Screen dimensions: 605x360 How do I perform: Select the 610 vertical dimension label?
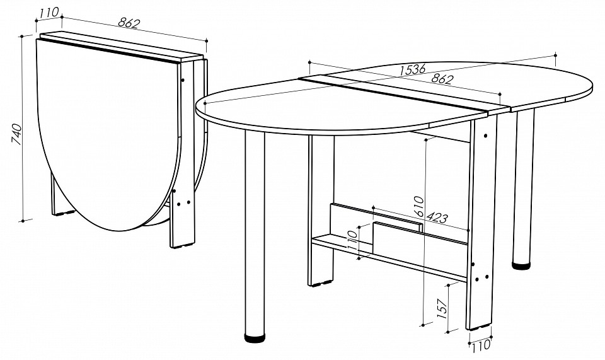point(419,206)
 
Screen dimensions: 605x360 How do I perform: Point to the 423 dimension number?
point(437,218)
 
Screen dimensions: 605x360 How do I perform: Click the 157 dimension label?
point(442,308)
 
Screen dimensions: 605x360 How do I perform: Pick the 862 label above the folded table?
point(128,23)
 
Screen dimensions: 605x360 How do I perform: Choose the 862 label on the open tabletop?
point(442,79)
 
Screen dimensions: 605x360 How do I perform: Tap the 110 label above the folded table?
point(49,13)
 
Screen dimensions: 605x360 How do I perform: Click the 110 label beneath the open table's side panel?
point(480,345)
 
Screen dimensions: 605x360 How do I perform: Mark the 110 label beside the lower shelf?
point(352,240)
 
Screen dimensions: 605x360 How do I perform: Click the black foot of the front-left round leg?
point(255,338)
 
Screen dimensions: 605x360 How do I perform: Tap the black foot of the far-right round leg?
point(521,265)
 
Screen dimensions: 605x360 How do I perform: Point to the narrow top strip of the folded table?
point(122,47)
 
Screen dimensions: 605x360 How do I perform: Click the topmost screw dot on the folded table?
point(183,80)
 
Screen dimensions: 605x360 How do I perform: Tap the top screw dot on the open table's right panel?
point(485,136)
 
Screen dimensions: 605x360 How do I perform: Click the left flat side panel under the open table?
point(320,211)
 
